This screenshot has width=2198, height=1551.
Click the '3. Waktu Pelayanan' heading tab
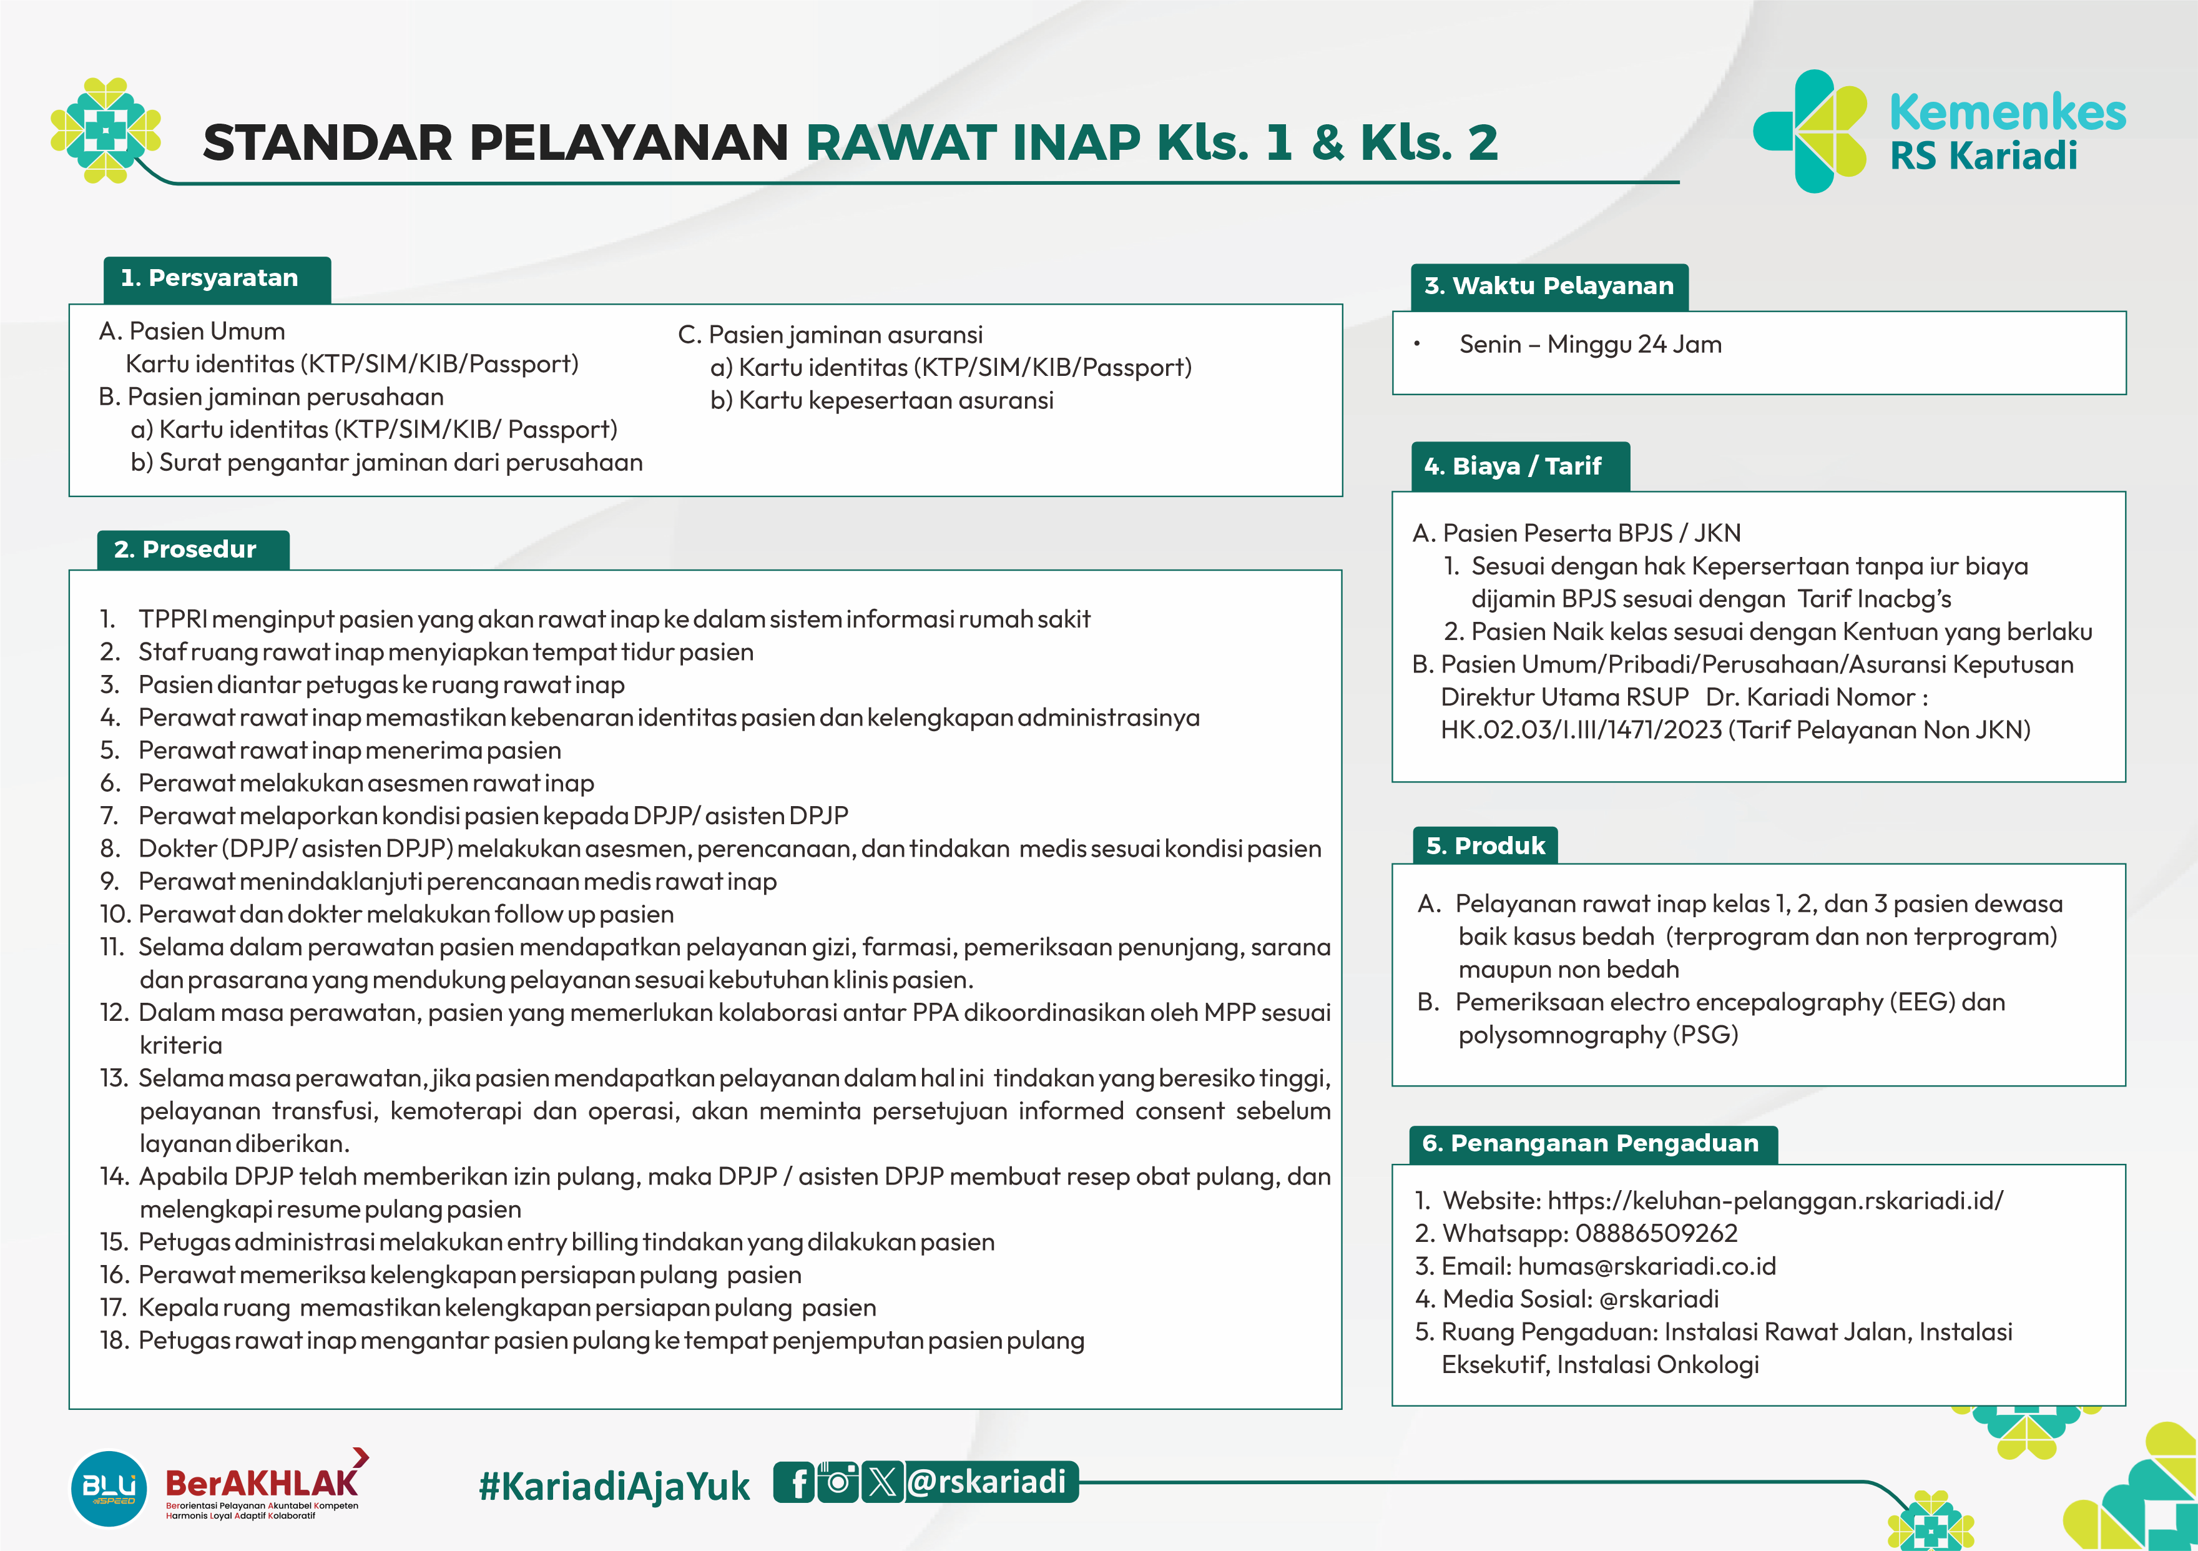click(x=1548, y=286)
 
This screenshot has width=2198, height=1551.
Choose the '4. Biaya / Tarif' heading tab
click(x=1519, y=466)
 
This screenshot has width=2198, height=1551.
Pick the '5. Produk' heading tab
click(x=1485, y=846)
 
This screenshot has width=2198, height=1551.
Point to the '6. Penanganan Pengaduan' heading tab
click(x=1592, y=1143)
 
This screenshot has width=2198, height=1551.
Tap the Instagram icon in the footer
click(x=838, y=1482)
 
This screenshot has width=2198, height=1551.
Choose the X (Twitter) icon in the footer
click(x=881, y=1482)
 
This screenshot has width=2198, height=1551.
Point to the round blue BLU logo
click(x=109, y=1489)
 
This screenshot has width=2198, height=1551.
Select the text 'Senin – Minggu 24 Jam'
click(x=1590, y=345)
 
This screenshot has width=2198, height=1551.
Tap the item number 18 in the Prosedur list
click(x=115, y=1341)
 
